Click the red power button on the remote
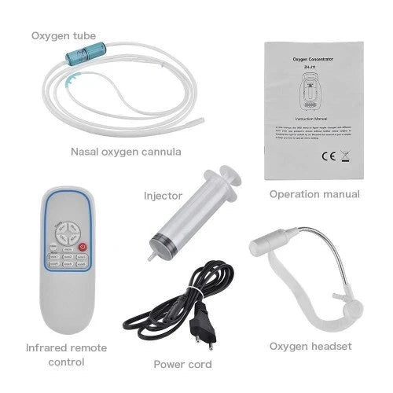click(x=84, y=248)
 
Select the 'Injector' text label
click(x=163, y=195)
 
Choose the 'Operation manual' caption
click(x=314, y=194)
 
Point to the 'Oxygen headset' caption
click(x=310, y=346)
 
